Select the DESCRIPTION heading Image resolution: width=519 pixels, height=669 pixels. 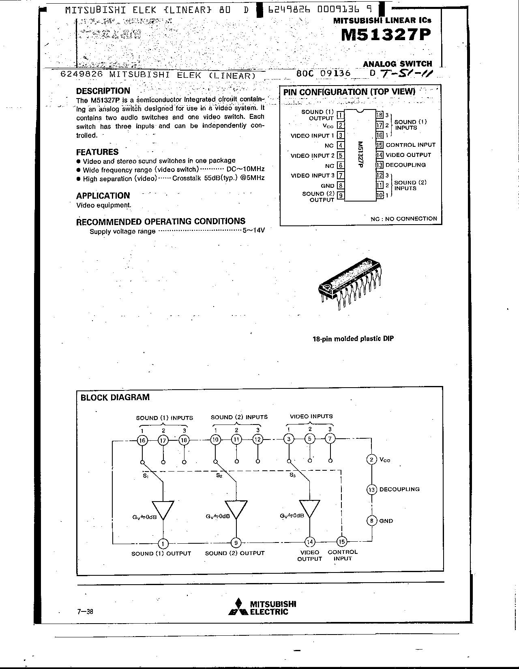(103, 91)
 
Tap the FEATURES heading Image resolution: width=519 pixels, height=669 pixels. (97, 152)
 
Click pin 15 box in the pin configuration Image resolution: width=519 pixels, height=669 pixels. (380, 145)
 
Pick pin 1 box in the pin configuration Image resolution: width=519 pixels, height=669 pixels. (341, 115)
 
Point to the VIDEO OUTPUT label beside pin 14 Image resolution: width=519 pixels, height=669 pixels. (408, 155)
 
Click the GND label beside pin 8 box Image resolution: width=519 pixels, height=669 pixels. (328, 186)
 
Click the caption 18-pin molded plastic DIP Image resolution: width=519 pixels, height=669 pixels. (353, 339)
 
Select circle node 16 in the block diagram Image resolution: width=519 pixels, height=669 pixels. (142, 440)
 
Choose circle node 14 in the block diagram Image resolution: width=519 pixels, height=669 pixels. (310, 542)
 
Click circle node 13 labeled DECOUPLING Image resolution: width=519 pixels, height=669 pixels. (372, 489)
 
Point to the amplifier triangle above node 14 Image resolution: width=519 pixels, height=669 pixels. (310, 509)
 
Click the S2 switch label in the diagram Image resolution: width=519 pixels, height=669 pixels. (219, 476)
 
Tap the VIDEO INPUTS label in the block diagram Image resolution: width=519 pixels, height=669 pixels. (311, 416)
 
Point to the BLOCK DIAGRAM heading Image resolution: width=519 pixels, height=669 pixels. (115, 397)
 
